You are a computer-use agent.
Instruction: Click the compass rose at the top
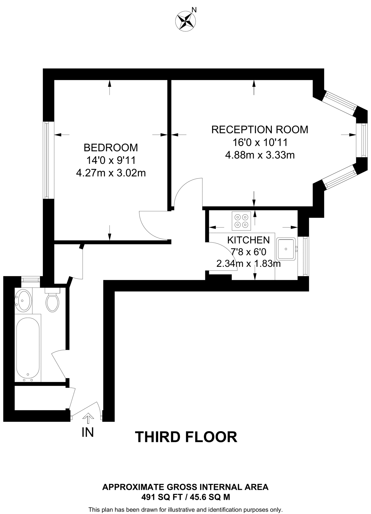(185, 21)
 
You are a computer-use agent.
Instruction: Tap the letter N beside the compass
(194, 10)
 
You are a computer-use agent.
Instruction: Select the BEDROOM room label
(111, 148)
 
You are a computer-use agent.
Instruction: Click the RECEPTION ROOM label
(260, 130)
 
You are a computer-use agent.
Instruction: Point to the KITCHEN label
(248, 240)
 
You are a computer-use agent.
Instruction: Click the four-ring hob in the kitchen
(241, 221)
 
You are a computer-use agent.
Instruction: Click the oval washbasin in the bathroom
(23, 300)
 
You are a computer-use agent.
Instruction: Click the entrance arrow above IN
(88, 416)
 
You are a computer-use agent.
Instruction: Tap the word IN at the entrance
(88, 432)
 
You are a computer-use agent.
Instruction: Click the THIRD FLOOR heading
(186, 437)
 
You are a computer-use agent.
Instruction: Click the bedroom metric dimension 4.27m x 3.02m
(111, 173)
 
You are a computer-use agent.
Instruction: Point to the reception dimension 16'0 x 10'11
(260, 143)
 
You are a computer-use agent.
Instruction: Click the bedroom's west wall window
(46, 160)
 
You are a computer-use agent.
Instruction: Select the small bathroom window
(30, 279)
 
